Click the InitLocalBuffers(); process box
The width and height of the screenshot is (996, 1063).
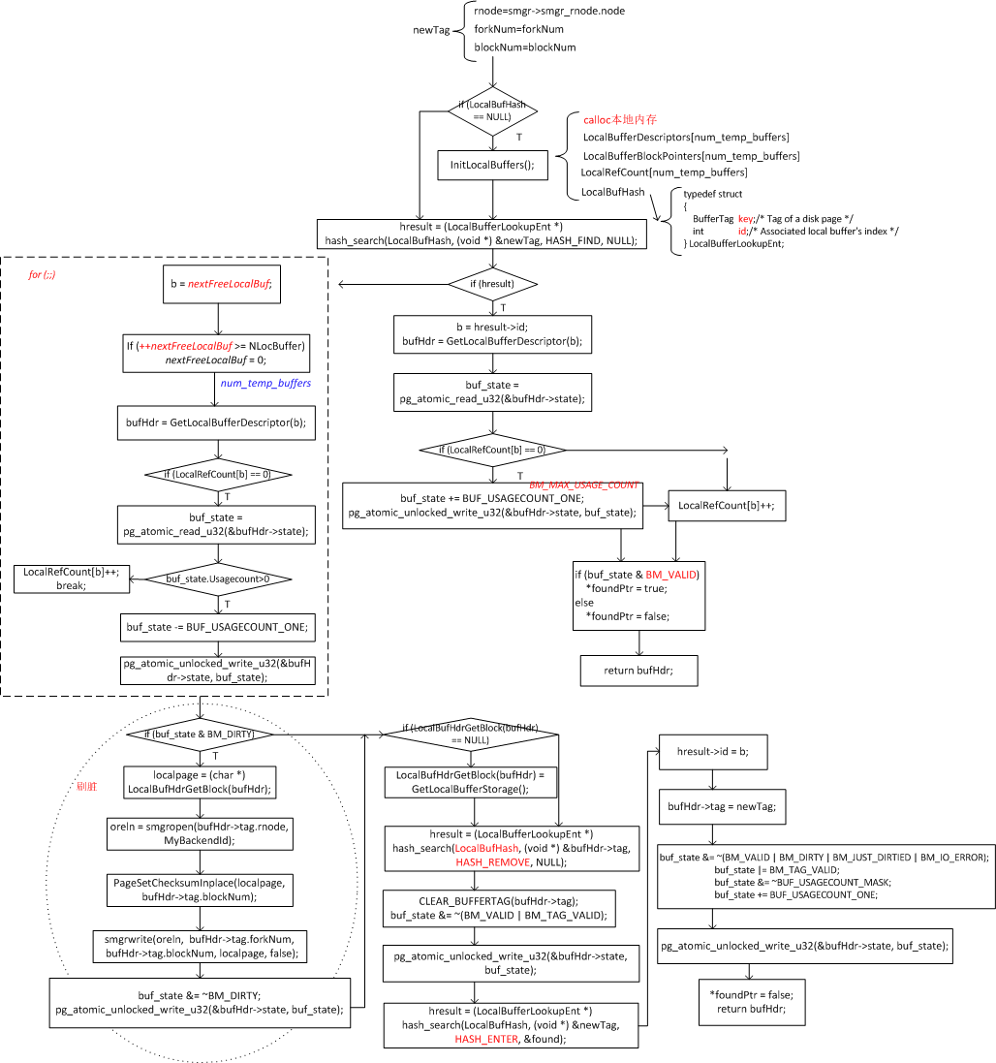[492, 166]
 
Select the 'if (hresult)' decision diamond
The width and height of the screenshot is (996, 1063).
[493, 284]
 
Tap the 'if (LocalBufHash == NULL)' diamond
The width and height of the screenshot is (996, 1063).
[492, 110]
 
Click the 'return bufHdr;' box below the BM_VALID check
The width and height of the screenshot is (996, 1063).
[638, 671]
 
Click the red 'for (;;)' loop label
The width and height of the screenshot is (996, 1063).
[42, 275]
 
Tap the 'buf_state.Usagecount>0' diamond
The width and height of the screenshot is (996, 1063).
[216, 578]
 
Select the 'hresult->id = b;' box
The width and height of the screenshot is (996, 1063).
[707, 751]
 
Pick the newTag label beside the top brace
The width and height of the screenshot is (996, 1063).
[431, 30]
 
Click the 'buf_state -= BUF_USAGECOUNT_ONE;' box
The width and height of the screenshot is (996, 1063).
[216, 628]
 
